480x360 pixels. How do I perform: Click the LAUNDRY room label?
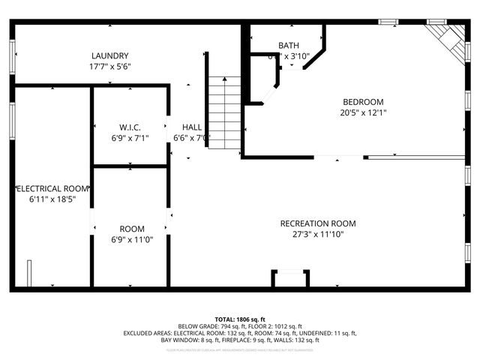pyautogui.click(x=110, y=55)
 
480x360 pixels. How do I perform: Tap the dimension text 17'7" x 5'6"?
pyautogui.click(x=110, y=67)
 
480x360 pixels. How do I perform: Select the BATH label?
pyautogui.click(x=289, y=46)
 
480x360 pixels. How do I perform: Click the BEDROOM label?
pyautogui.click(x=363, y=102)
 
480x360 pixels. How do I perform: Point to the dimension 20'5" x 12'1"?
pyautogui.click(x=363, y=112)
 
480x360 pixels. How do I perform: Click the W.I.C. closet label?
pyautogui.click(x=130, y=127)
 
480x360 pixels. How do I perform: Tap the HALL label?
pyautogui.click(x=191, y=127)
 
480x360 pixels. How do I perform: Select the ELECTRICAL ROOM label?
pyautogui.click(x=52, y=189)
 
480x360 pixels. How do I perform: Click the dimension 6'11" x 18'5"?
pyautogui.click(x=52, y=199)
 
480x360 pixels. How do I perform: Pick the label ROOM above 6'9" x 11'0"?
pyautogui.click(x=132, y=229)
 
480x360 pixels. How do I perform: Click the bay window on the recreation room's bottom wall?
pyautogui.click(x=289, y=279)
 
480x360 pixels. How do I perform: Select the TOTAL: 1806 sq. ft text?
pyautogui.click(x=240, y=319)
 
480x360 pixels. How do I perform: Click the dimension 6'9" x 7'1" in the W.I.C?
pyautogui.click(x=130, y=137)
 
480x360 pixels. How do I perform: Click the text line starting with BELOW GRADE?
pyautogui.click(x=240, y=326)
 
